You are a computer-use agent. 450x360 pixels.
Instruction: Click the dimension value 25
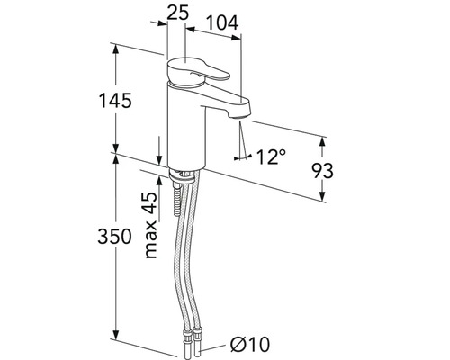tap(177, 13)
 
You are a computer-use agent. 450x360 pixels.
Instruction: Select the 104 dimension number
tap(222, 22)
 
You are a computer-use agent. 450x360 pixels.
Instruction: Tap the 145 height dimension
tap(115, 100)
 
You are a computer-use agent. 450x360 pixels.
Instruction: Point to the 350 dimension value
tap(114, 236)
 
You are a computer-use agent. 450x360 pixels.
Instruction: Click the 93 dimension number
tap(322, 171)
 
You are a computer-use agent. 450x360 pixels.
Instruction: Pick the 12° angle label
tap(271, 157)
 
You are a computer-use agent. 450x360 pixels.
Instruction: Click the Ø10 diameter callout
tap(250, 344)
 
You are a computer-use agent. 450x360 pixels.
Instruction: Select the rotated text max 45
tap(151, 225)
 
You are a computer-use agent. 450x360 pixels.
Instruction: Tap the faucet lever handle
tap(197, 71)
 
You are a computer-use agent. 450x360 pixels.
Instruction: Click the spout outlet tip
tap(241, 117)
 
